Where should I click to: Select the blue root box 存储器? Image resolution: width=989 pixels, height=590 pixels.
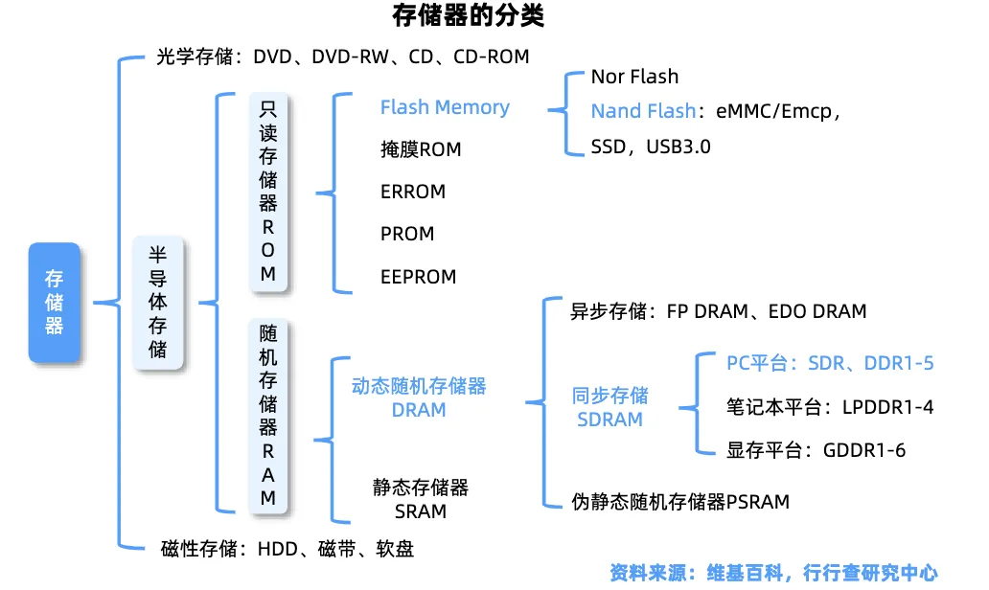[55, 302]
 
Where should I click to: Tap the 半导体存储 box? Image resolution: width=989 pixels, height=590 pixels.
[158, 302]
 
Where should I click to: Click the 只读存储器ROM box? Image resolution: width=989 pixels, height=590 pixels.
[268, 192]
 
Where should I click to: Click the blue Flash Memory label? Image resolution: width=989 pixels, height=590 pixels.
[445, 107]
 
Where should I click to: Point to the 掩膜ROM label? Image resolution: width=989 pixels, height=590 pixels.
[421, 149]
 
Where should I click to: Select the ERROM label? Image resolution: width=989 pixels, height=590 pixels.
[413, 192]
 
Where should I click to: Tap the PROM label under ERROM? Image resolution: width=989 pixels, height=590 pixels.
[407, 234]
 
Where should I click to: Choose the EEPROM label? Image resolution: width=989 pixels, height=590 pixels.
[418, 277]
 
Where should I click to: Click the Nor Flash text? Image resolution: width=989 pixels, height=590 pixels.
[634, 77]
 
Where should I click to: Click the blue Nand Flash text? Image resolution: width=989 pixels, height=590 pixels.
[643, 111]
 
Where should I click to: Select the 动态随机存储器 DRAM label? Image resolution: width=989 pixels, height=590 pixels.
[419, 397]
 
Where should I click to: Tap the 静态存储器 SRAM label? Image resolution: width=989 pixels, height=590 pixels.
[421, 499]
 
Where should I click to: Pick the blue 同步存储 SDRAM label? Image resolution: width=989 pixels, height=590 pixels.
[609, 407]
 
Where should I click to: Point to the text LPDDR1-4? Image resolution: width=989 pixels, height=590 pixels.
[887, 407]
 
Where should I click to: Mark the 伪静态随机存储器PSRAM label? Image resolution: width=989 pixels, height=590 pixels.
[680, 501]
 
